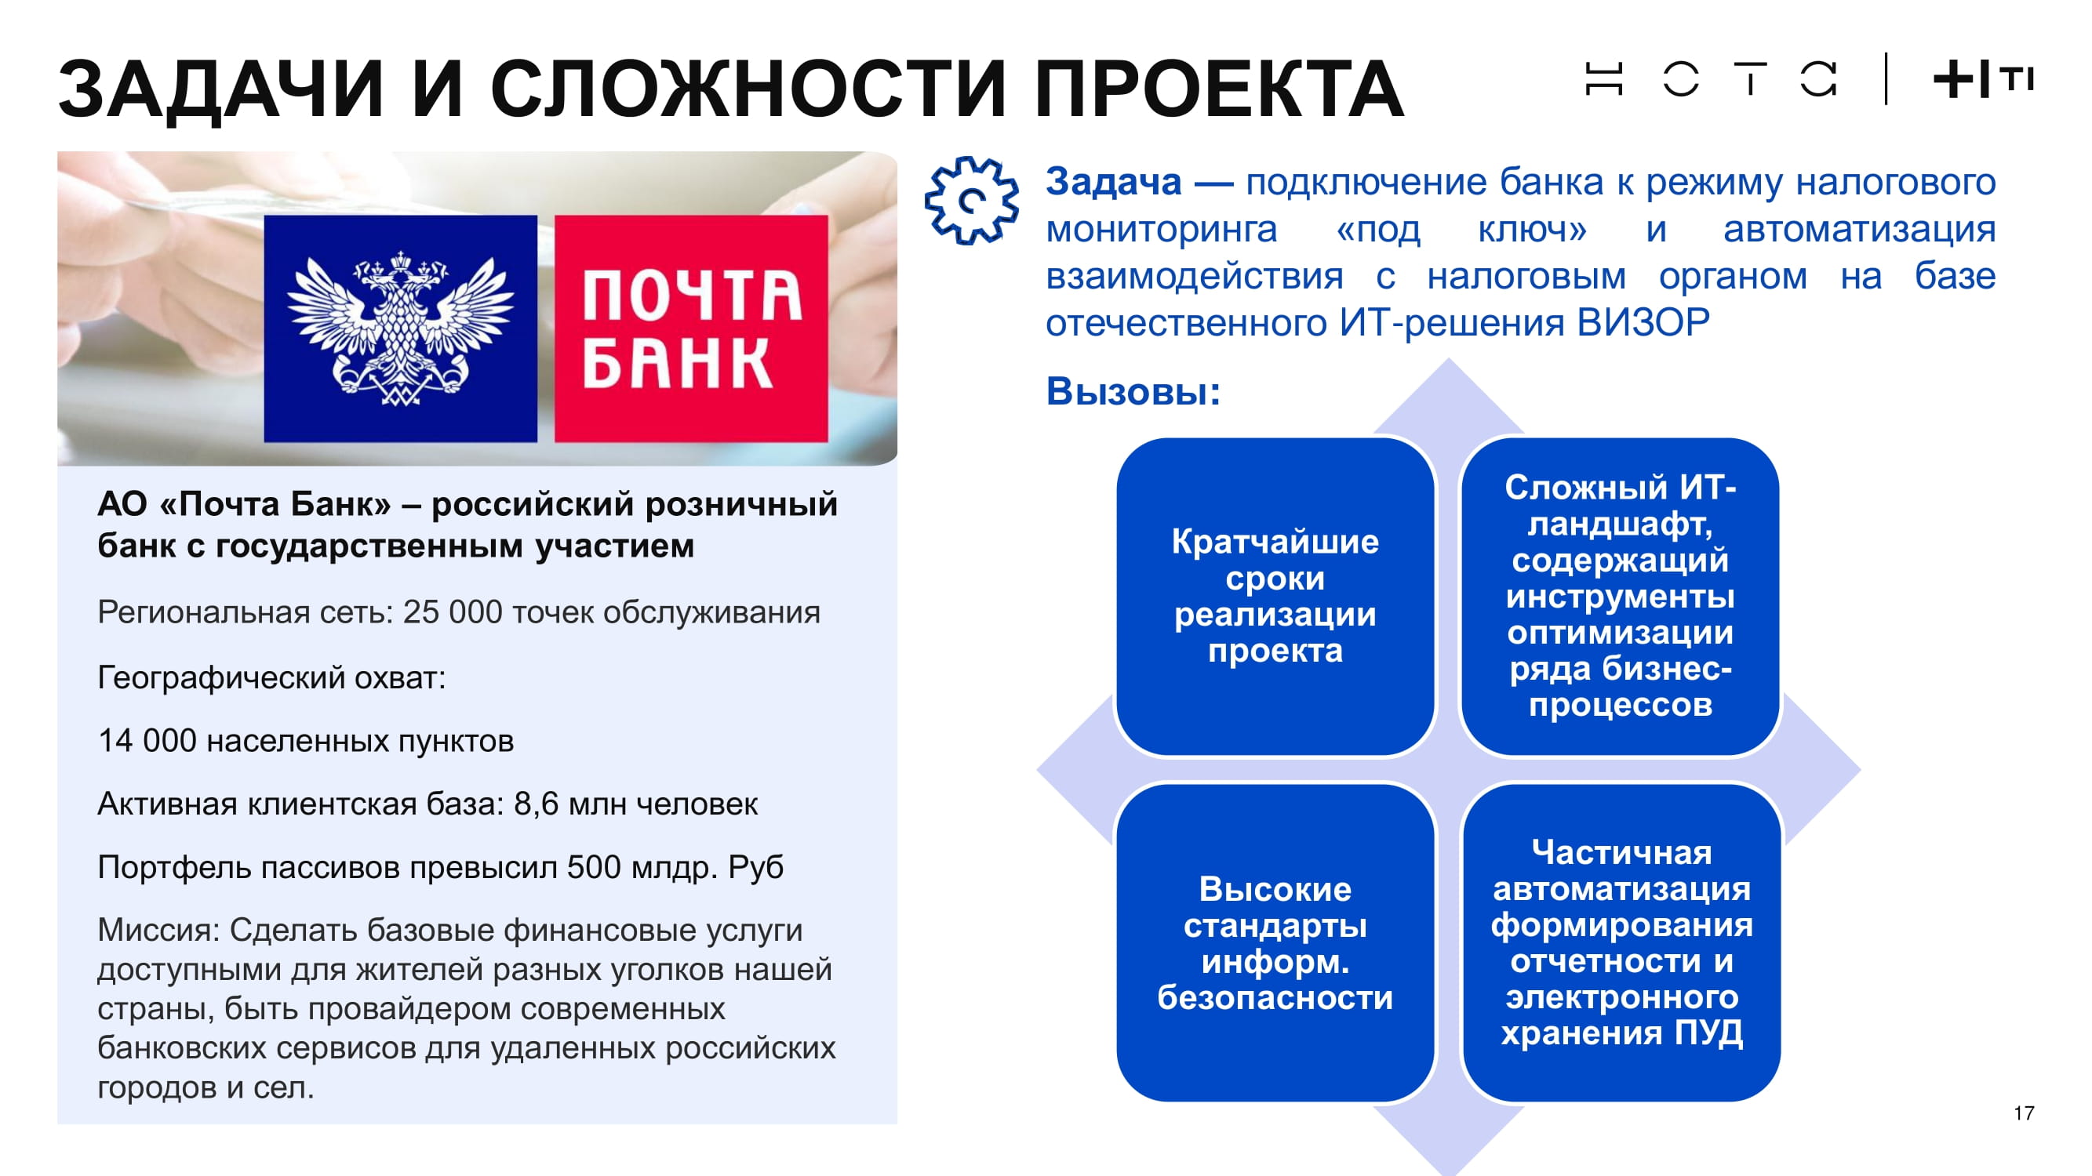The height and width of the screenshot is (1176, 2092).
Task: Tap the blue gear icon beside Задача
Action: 971,200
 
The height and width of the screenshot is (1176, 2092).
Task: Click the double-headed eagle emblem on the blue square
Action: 400,328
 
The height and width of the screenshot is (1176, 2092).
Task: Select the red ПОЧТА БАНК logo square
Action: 691,328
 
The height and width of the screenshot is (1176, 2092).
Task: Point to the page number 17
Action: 2024,1112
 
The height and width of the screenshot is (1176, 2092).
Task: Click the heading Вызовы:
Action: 1133,391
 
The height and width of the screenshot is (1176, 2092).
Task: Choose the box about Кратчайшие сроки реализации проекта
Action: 1275,597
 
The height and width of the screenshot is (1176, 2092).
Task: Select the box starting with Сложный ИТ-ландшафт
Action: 1620,597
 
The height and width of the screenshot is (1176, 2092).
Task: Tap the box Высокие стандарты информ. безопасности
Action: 1275,942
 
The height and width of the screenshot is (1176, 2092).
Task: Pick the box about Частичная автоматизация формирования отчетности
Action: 1621,942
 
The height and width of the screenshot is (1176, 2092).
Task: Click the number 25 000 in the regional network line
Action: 453,612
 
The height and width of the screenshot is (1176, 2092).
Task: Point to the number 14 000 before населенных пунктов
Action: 147,740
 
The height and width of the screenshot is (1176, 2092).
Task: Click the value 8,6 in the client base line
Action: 536,804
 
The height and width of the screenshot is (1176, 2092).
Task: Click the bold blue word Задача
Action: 1113,182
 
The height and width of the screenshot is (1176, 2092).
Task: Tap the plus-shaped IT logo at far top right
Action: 1983,79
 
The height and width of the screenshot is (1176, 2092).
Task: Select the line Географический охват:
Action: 271,677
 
